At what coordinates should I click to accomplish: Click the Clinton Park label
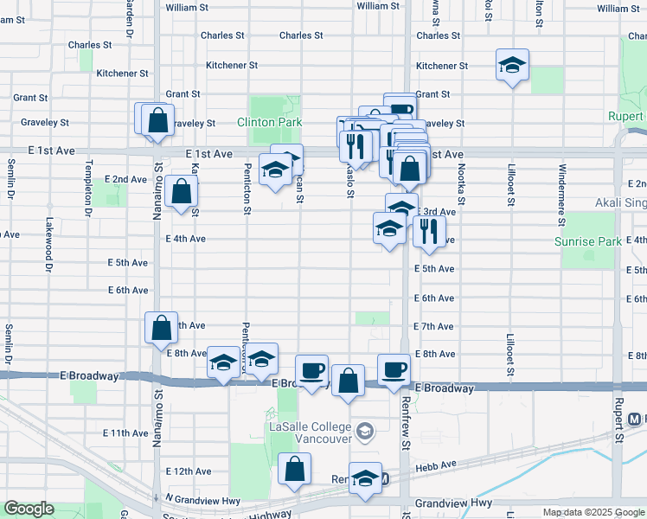coord(269,122)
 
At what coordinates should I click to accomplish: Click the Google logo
coord(29,509)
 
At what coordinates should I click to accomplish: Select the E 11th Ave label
coord(125,432)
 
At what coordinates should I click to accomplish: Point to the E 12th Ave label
coord(189,471)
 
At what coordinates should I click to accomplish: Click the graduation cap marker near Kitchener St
coord(512,65)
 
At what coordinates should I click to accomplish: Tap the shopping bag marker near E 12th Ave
coord(295,470)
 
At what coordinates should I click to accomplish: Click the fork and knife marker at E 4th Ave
coord(429,231)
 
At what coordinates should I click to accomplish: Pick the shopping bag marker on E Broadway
coord(348,381)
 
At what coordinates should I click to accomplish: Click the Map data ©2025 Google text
coord(593,512)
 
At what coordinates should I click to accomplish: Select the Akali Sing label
coord(621,203)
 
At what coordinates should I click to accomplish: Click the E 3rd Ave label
coord(437,211)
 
